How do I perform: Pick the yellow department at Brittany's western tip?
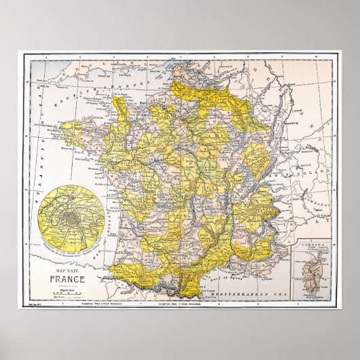click(68, 121)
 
